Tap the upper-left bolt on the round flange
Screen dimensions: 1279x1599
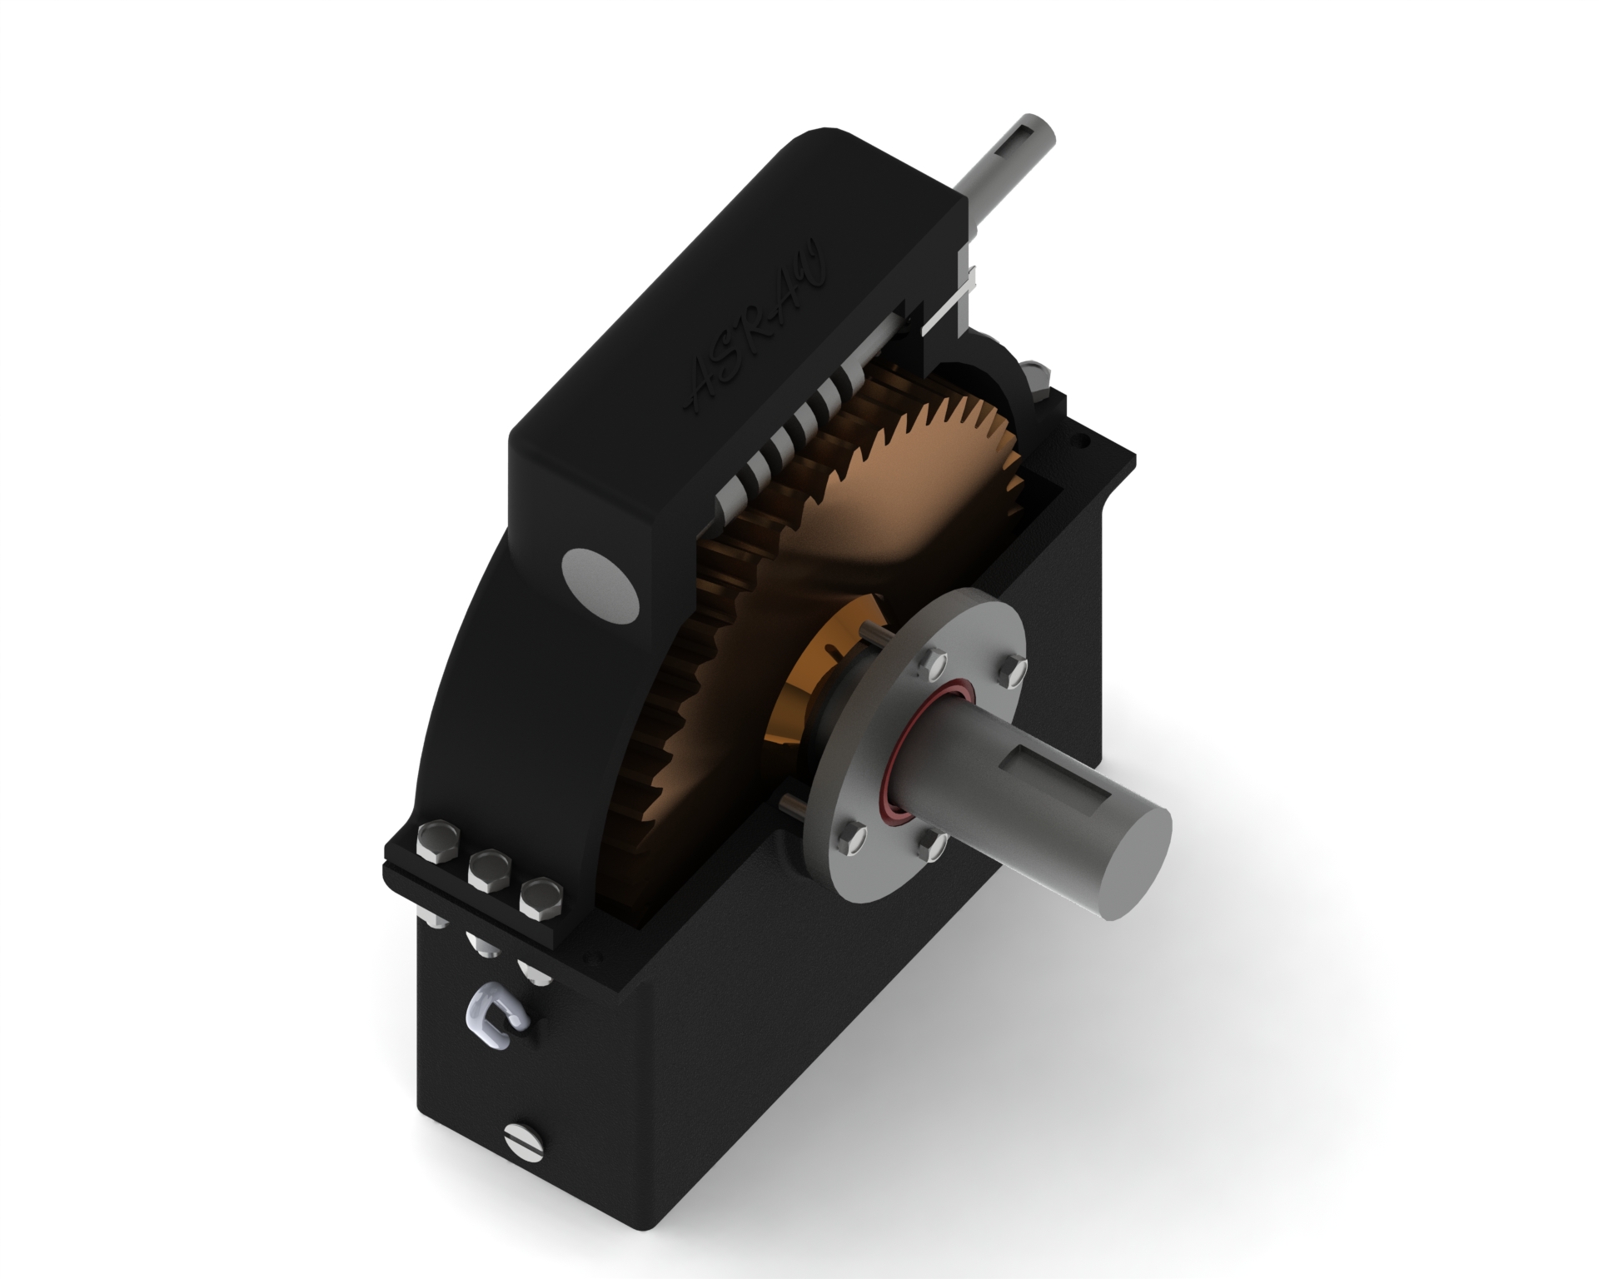tap(931, 663)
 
